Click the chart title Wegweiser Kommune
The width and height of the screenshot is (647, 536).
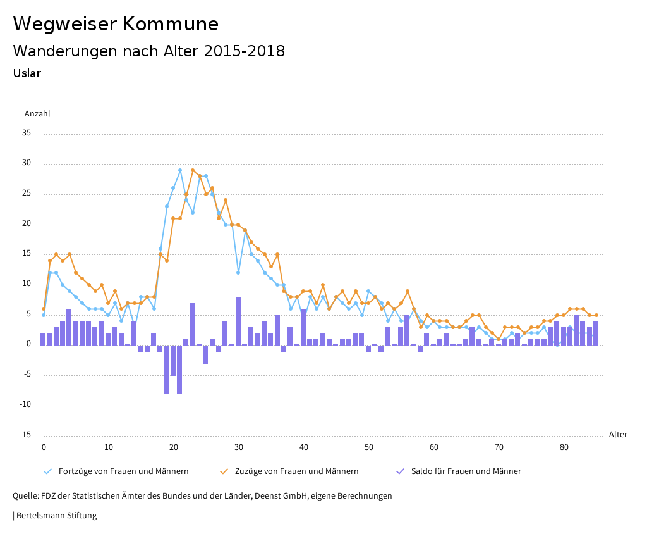[x=116, y=24]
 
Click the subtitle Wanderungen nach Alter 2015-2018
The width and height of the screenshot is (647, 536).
[x=148, y=51]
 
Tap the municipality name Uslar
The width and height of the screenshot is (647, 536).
[x=27, y=73]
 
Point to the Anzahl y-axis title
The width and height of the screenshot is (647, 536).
[x=37, y=114]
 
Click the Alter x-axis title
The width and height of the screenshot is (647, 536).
[x=618, y=435]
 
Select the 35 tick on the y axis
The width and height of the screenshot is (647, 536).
[x=27, y=134]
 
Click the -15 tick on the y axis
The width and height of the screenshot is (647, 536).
[x=25, y=435]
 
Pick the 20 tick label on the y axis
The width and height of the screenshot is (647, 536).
[x=27, y=224]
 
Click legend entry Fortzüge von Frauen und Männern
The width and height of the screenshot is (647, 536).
[x=123, y=471]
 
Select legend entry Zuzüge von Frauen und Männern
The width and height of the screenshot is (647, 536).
[x=296, y=471]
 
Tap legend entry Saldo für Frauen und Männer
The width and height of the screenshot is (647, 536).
[x=466, y=471]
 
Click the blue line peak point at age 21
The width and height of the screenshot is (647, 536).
[x=180, y=170]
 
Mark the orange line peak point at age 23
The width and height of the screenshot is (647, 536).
[x=193, y=170]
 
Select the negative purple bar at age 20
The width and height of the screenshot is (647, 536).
[x=173, y=360]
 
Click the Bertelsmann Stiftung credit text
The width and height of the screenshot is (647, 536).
[x=56, y=516]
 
